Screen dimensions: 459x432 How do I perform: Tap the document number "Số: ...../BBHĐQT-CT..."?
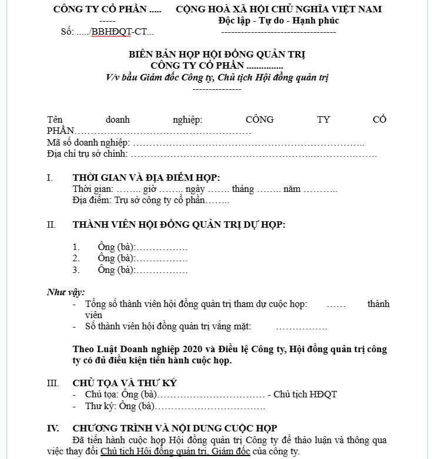(x=107, y=32)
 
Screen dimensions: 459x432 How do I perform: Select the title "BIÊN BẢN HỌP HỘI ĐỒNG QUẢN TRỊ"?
(x=217, y=55)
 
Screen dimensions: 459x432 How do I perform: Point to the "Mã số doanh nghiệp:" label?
(x=89, y=143)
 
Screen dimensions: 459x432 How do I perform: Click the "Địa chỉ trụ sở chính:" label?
(x=87, y=154)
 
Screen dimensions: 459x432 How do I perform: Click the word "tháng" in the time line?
(x=243, y=189)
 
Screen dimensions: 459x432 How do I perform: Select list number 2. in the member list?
(x=76, y=258)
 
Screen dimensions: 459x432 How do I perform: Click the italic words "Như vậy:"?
(x=65, y=292)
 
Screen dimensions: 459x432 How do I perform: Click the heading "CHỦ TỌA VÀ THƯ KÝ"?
(x=125, y=383)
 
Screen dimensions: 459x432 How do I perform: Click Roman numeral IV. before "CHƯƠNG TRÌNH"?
(x=53, y=428)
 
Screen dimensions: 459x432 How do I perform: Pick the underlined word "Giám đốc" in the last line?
(x=233, y=451)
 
